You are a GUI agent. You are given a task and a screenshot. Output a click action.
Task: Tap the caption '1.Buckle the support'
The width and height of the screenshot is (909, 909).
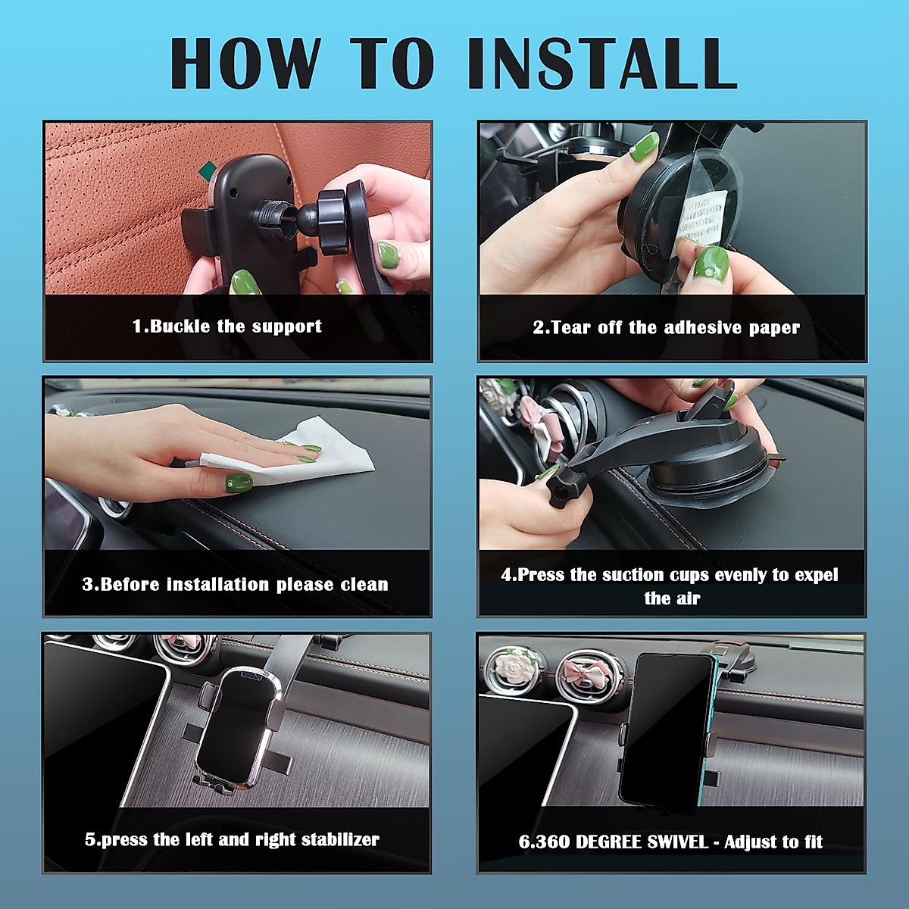click(x=227, y=326)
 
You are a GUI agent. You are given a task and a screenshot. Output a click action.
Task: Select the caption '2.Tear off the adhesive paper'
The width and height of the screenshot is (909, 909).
click(x=666, y=327)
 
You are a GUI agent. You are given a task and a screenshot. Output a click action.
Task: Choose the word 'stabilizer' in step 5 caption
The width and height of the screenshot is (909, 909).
click(x=340, y=839)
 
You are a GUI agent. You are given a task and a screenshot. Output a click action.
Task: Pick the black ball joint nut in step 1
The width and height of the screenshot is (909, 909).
click(x=334, y=222)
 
